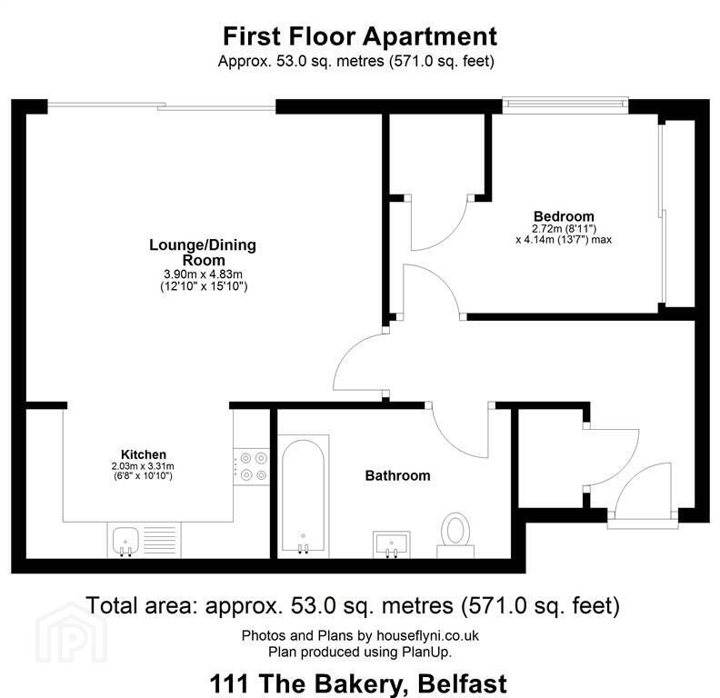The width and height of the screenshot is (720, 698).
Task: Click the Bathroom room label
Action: click(x=397, y=475)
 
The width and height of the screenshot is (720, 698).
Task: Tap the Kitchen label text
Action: click(x=144, y=454)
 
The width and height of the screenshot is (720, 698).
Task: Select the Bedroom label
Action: click(x=564, y=215)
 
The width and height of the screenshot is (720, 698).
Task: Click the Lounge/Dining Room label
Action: click(x=203, y=252)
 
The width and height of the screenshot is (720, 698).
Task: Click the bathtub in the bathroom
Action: click(x=303, y=495)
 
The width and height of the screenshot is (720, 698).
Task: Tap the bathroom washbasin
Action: click(x=391, y=544)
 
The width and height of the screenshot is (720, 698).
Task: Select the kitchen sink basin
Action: click(x=125, y=541)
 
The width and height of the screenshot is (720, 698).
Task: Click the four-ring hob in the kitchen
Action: click(x=252, y=465)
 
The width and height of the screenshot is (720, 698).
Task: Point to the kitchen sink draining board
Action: click(x=160, y=540)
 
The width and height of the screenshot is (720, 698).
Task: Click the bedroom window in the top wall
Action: click(x=565, y=105)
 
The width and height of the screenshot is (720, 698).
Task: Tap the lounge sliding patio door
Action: click(x=162, y=106)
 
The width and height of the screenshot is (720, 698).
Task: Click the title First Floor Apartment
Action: click(x=359, y=36)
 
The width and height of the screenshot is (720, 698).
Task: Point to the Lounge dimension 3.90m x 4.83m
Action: click(x=203, y=274)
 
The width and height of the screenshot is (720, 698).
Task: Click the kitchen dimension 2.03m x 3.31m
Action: click(x=143, y=466)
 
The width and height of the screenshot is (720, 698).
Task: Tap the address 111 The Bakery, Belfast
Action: click(x=358, y=683)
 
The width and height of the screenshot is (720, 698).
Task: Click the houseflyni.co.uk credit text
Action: click(x=427, y=635)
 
